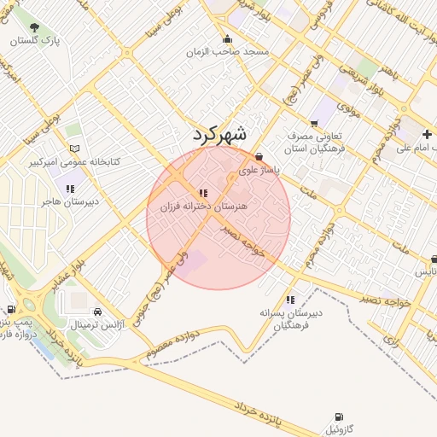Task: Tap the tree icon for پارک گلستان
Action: [34, 28]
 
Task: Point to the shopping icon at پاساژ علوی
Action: [259, 157]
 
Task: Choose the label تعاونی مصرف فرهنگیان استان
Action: [315, 142]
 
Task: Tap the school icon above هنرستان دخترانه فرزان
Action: [202, 193]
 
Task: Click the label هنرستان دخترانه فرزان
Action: [202, 207]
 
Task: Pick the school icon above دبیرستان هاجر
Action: [69, 189]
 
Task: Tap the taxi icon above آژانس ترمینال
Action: [97, 312]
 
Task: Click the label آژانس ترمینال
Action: [97, 325]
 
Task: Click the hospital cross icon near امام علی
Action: [427, 135]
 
